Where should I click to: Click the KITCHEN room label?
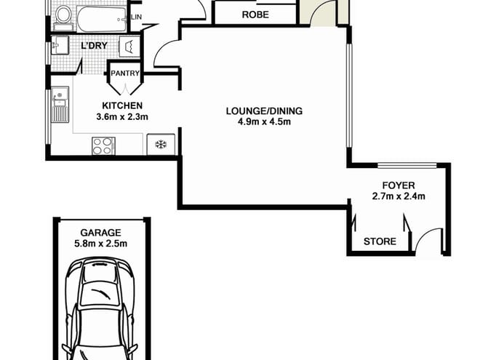click(x=122, y=105)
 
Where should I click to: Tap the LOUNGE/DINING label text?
click(x=264, y=111)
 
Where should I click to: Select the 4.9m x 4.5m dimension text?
click(x=264, y=122)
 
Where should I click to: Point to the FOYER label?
click(x=399, y=185)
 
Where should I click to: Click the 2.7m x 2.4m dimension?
click(x=399, y=196)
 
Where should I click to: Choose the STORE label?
click(x=380, y=241)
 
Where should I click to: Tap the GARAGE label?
click(x=100, y=233)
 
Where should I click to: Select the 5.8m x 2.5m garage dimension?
click(x=100, y=244)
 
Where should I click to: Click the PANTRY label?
click(x=125, y=73)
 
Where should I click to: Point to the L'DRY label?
click(x=94, y=46)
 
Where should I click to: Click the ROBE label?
click(x=255, y=15)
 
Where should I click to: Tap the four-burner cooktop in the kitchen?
click(x=103, y=145)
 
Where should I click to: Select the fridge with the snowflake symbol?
click(x=161, y=144)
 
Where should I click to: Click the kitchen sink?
click(x=60, y=105)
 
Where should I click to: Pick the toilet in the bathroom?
click(x=64, y=17)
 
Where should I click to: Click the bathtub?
click(x=101, y=19)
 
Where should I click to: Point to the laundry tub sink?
click(x=60, y=45)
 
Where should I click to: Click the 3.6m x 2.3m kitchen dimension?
click(x=122, y=116)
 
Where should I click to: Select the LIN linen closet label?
click(x=136, y=17)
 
